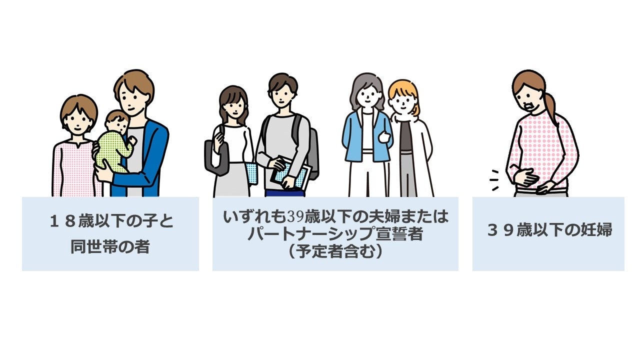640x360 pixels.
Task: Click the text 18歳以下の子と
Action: [111, 221]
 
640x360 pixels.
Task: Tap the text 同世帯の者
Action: [110, 246]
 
